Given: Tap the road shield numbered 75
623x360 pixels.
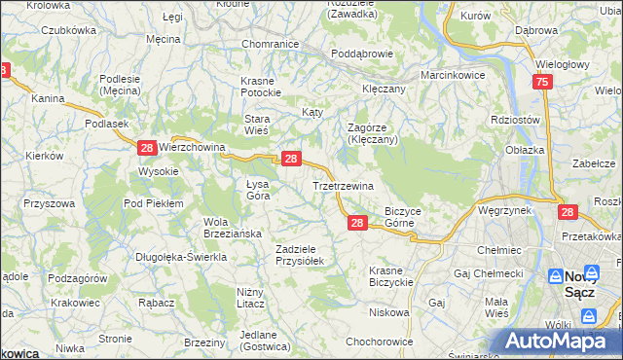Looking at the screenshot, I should (542, 84).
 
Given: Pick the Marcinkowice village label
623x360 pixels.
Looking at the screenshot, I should (453, 75).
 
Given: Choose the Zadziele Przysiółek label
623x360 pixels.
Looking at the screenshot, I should (305, 255).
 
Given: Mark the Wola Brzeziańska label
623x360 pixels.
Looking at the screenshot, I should (229, 227).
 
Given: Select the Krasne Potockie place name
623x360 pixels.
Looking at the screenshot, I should (262, 87).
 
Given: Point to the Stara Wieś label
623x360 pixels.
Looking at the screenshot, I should (262, 125).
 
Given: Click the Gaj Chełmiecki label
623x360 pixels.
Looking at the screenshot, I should (488, 273).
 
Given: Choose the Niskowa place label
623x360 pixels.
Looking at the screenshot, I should (388, 313).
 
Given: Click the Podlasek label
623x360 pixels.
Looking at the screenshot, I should (108, 124).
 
